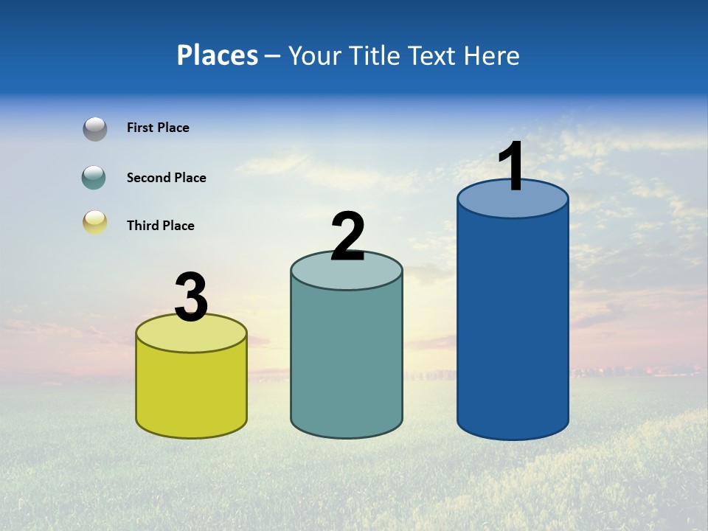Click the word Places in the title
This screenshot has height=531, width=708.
pos(218,55)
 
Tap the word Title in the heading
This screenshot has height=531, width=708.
pos(375,55)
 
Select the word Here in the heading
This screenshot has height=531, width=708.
pos(492,55)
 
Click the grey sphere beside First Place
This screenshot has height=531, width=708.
pos(94,128)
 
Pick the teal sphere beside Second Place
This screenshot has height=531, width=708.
pos(94,178)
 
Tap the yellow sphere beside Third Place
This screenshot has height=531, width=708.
pos(94,222)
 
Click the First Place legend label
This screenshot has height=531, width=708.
pos(158,128)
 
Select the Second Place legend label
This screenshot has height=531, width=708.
pos(166,178)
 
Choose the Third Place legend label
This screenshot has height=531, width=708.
pos(160,226)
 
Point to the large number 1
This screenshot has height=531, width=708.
pos(512,167)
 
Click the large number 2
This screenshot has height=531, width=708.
pos(347,236)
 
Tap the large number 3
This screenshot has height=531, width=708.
pos(191,297)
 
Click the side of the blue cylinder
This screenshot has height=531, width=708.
pos(513,324)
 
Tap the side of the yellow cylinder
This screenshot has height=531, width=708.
pos(191,391)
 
